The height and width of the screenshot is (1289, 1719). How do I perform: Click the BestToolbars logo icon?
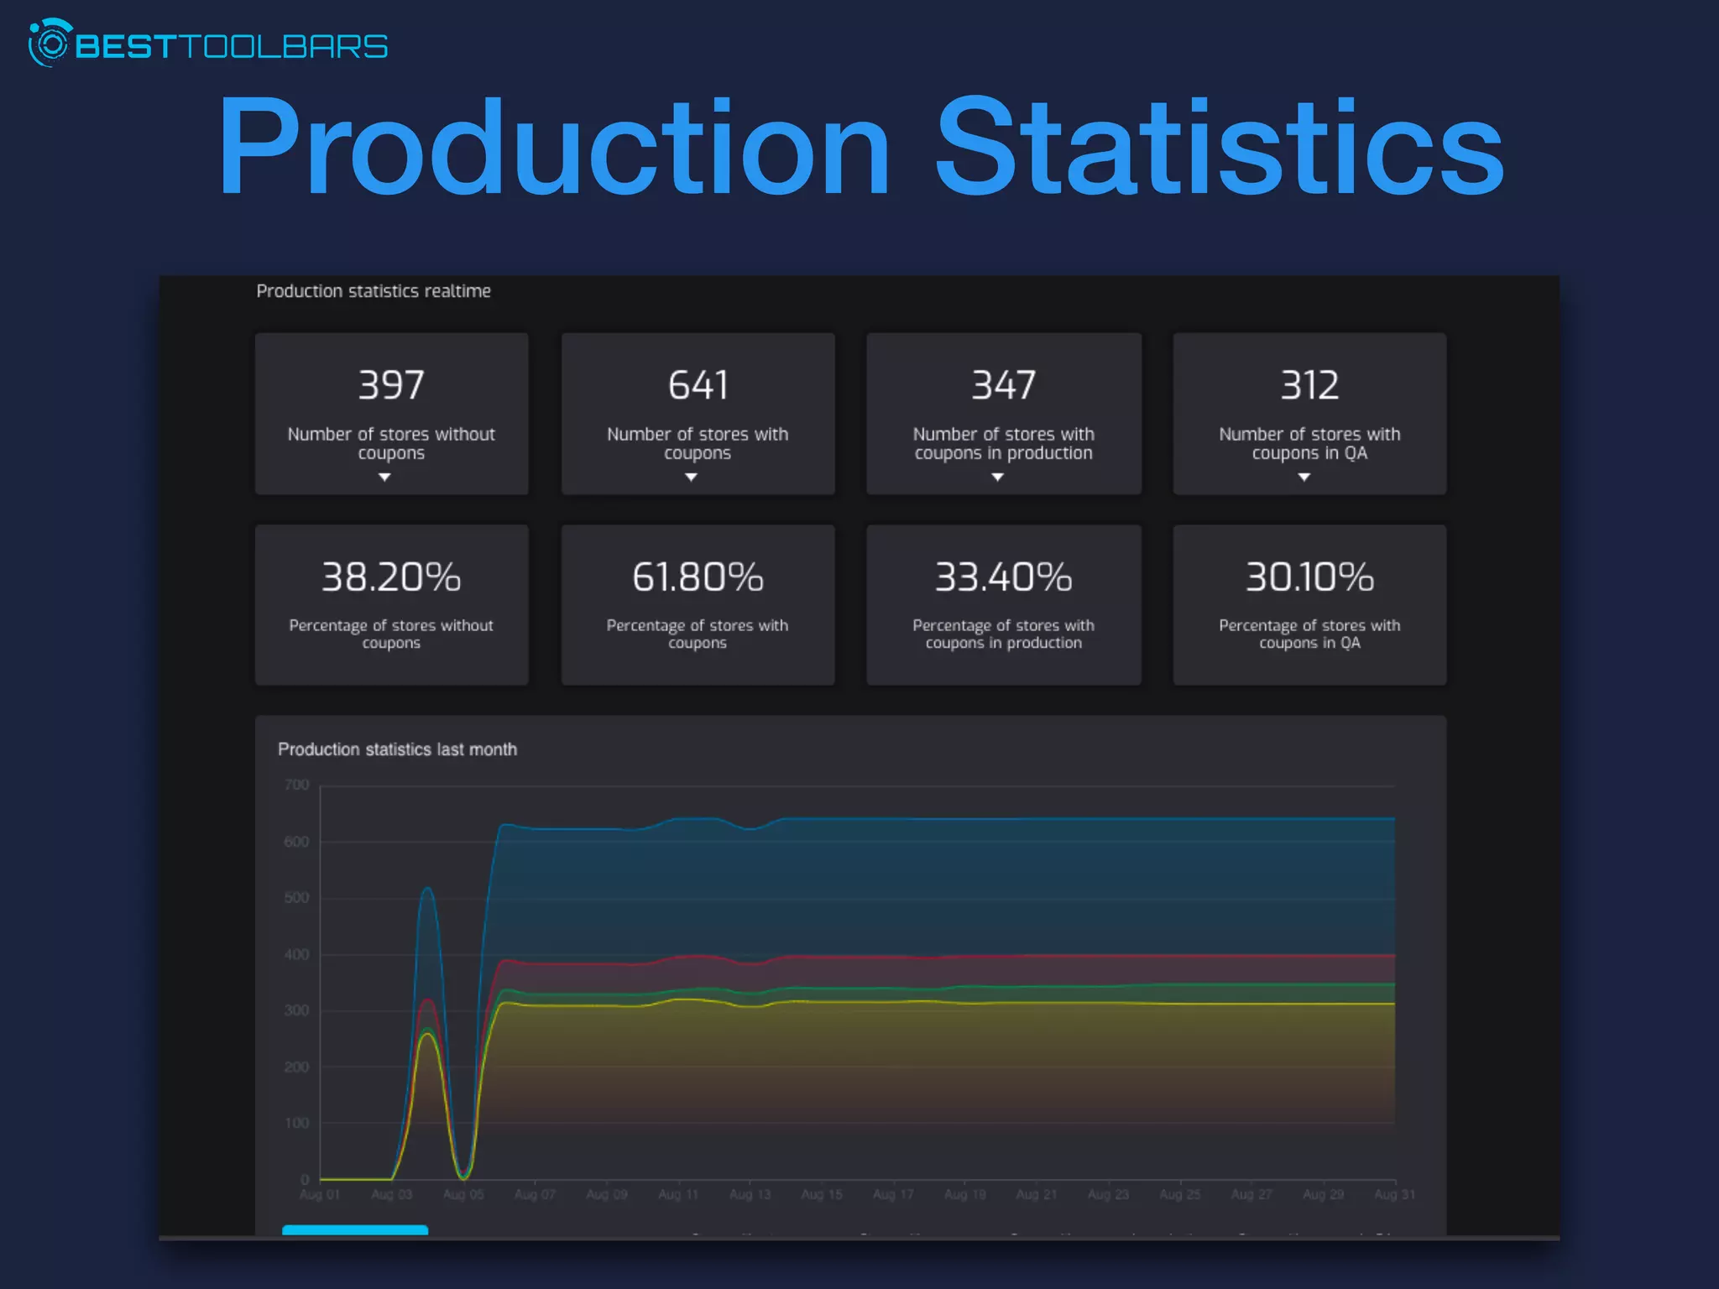pyautogui.click(x=50, y=44)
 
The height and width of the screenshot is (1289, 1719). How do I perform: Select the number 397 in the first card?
pyautogui.click(x=391, y=385)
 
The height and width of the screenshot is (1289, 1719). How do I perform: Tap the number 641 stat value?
pyautogui.click(x=698, y=385)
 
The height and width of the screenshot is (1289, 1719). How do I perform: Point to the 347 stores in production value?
pyautogui.click(x=1003, y=385)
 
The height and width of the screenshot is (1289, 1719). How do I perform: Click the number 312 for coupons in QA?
pyautogui.click(x=1309, y=385)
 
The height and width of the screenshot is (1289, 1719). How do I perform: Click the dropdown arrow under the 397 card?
pyautogui.click(x=384, y=478)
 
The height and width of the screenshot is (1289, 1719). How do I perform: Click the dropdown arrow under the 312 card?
pyautogui.click(x=1304, y=478)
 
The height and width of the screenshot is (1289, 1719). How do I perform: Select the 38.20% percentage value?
pyautogui.click(x=391, y=577)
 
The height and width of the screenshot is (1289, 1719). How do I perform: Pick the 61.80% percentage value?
pyautogui.click(x=698, y=577)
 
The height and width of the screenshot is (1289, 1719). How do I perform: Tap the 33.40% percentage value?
pyautogui.click(x=1003, y=577)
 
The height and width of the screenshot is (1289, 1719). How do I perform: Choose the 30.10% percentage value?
pyautogui.click(x=1309, y=577)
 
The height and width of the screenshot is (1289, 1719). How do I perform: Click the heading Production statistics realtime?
pyautogui.click(x=374, y=291)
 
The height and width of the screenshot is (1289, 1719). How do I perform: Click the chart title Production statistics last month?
pyautogui.click(x=397, y=749)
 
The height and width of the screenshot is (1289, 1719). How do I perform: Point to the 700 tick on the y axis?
pyautogui.click(x=296, y=785)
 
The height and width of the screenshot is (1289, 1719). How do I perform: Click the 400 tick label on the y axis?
pyautogui.click(x=296, y=955)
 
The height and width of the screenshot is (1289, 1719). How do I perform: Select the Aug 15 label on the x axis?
pyautogui.click(x=821, y=1194)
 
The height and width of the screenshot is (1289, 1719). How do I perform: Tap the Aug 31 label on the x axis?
pyautogui.click(x=1393, y=1194)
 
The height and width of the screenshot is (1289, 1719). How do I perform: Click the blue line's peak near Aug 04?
pyautogui.click(x=427, y=888)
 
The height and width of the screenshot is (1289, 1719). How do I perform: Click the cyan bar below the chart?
pyautogui.click(x=355, y=1230)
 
